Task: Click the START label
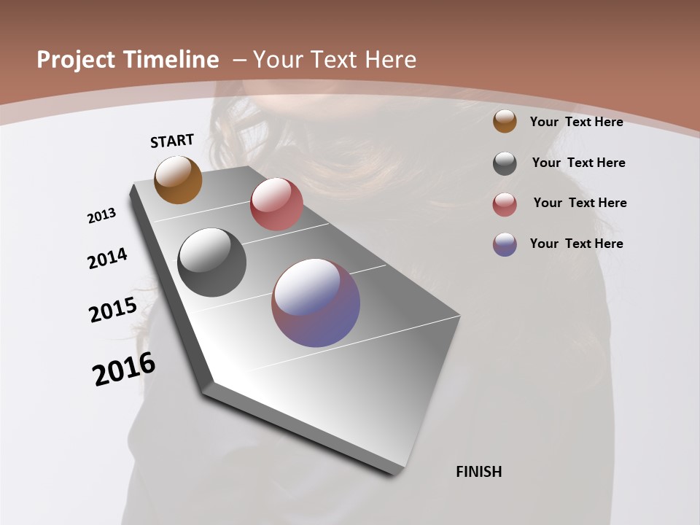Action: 172,141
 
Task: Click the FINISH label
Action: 479,472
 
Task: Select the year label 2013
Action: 101,216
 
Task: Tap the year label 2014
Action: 107,259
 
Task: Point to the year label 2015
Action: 113,310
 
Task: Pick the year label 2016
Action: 124,369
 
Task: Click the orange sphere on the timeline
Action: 178,179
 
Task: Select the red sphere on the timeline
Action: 276,204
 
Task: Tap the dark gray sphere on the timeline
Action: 211,262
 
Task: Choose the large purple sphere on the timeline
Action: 316,303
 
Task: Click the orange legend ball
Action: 505,121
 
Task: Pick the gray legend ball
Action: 505,163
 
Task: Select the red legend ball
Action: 505,204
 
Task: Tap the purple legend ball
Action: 505,244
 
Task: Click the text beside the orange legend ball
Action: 576,122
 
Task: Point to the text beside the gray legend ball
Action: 578,163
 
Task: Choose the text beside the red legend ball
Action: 580,203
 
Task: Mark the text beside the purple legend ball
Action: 576,244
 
